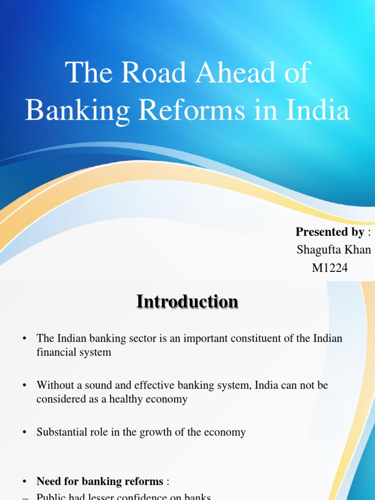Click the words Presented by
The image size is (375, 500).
point(330,232)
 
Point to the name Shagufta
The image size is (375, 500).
point(318,250)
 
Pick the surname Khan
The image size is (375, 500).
point(358,250)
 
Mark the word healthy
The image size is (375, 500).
point(131,399)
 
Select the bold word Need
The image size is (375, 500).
point(48,481)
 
